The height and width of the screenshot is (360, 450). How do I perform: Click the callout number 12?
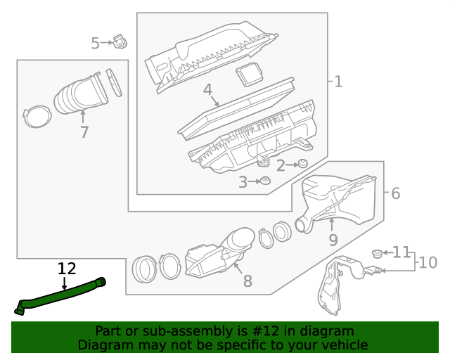(x=66, y=268)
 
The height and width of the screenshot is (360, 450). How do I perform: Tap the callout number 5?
(x=96, y=44)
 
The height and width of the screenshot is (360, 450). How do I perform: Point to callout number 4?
(x=207, y=90)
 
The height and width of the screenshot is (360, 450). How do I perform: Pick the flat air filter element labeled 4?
(x=239, y=105)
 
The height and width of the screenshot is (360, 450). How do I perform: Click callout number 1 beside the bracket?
(x=338, y=82)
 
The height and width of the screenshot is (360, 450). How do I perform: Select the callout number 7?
(x=84, y=132)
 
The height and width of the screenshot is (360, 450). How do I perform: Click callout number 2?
(x=281, y=166)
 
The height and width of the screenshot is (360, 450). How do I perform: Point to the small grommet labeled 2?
(x=303, y=164)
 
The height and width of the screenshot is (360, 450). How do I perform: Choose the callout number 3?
(x=243, y=183)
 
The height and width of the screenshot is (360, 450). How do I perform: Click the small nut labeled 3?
(x=266, y=182)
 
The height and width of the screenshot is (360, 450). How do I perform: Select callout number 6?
(x=395, y=193)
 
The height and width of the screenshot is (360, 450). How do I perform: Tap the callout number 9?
(x=333, y=240)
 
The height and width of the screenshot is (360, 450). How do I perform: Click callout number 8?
(x=247, y=281)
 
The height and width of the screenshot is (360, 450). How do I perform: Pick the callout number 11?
(x=401, y=252)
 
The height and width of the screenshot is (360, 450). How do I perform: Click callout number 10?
(x=427, y=263)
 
